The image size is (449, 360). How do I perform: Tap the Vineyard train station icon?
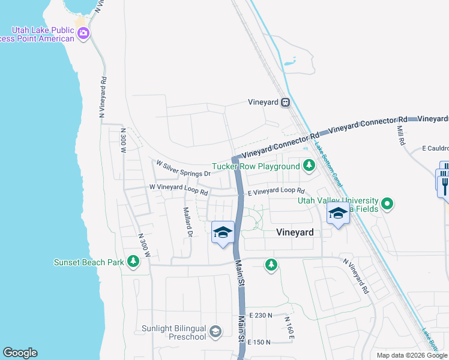pyautogui.click(x=286, y=102)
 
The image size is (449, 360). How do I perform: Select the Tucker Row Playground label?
pyautogui.click(x=256, y=166)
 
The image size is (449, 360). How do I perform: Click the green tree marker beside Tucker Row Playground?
pyautogui.click(x=309, y=165)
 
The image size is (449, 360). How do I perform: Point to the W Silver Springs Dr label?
pyautogui.click(x=184, y=168)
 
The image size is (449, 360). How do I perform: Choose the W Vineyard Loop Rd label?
pyautogui.click(x=178, y=190)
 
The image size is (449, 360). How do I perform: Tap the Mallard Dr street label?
pyautogui.click(x=188, y=222)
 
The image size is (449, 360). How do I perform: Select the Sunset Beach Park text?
pyautogui.click(x=89, y=262)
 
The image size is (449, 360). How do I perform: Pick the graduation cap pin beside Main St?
pyautogui.click(x=223, y=232)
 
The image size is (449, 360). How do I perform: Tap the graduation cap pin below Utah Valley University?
pyautogui.click(x=338, y=214)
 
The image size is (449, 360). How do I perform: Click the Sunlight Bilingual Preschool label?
pyautogui.click(x=173, y=332)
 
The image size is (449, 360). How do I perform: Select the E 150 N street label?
pyautogui.click(x=259, y=342)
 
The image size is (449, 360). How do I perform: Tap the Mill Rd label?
pyautogui.click(x=401, y=135)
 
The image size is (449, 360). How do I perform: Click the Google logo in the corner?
pyautogui.click(x=20, y=353)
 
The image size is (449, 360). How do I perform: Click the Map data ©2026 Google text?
pyautogui.click(x=412, y=355)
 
